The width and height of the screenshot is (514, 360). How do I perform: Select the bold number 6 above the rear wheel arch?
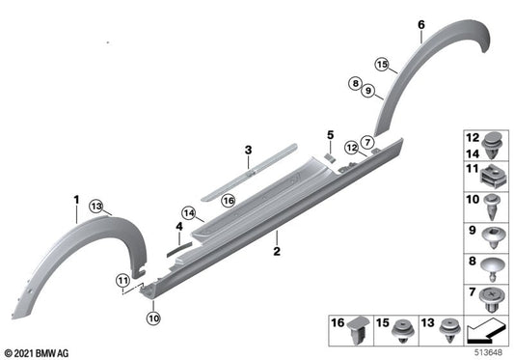[x=420, y=23]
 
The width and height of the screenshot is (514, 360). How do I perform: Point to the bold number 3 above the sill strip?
[x=177, y=228]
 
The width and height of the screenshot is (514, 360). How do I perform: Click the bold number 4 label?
[x=329, y=134]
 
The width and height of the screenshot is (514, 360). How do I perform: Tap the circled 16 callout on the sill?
[x=228, y=200]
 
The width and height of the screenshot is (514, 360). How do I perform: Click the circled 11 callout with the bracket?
[x=123, y=280]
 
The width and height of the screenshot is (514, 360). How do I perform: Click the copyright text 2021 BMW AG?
[x=38, y=353]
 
